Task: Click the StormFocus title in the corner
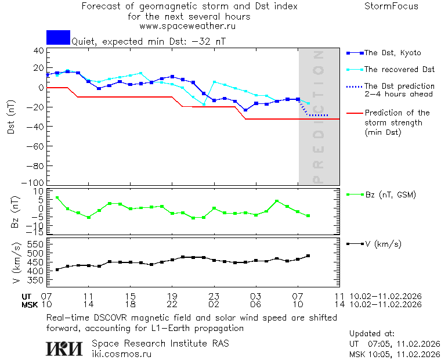(391, 7)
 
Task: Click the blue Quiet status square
(58, 37)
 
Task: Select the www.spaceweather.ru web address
(187, 26)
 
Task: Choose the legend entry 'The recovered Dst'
(399, 70)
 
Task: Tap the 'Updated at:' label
(372, 334)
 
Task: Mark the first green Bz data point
(57, 198)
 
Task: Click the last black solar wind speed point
(308, 256)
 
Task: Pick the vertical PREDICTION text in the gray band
(317, 116)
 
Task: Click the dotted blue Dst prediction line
(317, 115)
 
